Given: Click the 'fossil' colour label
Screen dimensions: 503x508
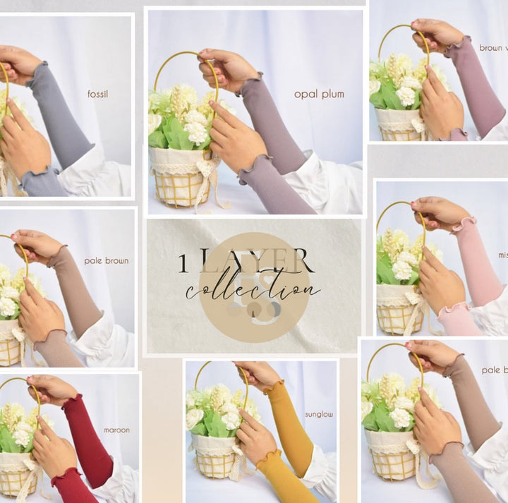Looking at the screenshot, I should [x=99, y=93].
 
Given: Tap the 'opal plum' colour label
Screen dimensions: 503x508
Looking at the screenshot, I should [x=319, y=94].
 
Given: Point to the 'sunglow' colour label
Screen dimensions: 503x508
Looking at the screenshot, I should [x=318, y=414].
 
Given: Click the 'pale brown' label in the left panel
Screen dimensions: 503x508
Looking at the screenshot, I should [x=107, y=260].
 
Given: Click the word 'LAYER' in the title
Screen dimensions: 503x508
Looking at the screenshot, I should [x=254, y=262].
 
